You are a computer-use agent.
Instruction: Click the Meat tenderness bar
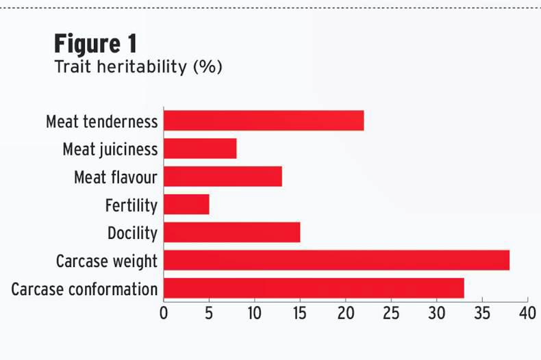tap(264, 120)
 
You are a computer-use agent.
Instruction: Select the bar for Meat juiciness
tap(200, 149)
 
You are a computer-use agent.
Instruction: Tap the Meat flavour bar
tap(223, 177)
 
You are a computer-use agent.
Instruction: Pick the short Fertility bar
tap(186, 205)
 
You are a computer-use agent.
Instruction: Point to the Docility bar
tap(231, 233)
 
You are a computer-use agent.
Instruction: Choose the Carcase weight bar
tap(336, 261)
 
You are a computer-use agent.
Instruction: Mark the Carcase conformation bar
tap(314, 288)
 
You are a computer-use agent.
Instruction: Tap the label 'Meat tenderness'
tap(101, 122)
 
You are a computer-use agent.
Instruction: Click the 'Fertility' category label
tap(131, 205)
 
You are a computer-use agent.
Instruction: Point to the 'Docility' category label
tap(132, 233)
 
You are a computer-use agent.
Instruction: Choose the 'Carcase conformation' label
tap(84, 289)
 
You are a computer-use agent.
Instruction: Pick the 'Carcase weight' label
tap(106, 261)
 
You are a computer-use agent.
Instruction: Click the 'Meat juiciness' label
tap(110, 149)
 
